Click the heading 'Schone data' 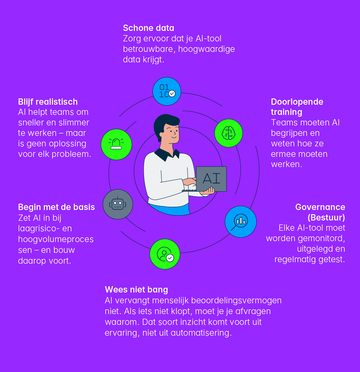pyautogui.click(x=148, y=28)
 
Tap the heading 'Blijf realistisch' pyautogui.click(x=48, y=102)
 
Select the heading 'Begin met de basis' pyautogui.click(x=56, y=207)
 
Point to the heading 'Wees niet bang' pyautogui.click(x=136, y=289)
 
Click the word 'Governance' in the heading pyautogui.click(x=320, y=207)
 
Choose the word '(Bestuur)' pyautogui.click(x=326, y=217)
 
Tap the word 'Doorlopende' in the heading pyautogui.click(x=297, y=102)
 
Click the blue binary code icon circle pyautogui.click(x=167, y=91)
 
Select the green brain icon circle pyautogui.click(x=229, y=133)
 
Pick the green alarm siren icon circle pyautogui.click(x=116, y=144)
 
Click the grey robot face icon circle pyautogui.click(x=118, y=204)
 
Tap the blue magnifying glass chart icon pyautogui.click(x=241, y=222)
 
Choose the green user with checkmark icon pyautogui.click(x=165, y=254)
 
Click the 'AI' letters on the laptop pyautogui.click(x=211, y=178)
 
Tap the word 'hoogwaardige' pyautogui.click(x=206, y=49)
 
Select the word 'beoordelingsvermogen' pyautogui.click(x=236, y=301)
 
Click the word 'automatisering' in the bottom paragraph pyautogui.click(x=201, y=333)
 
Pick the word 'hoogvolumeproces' pyautogui.click(x=56, y=239)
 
